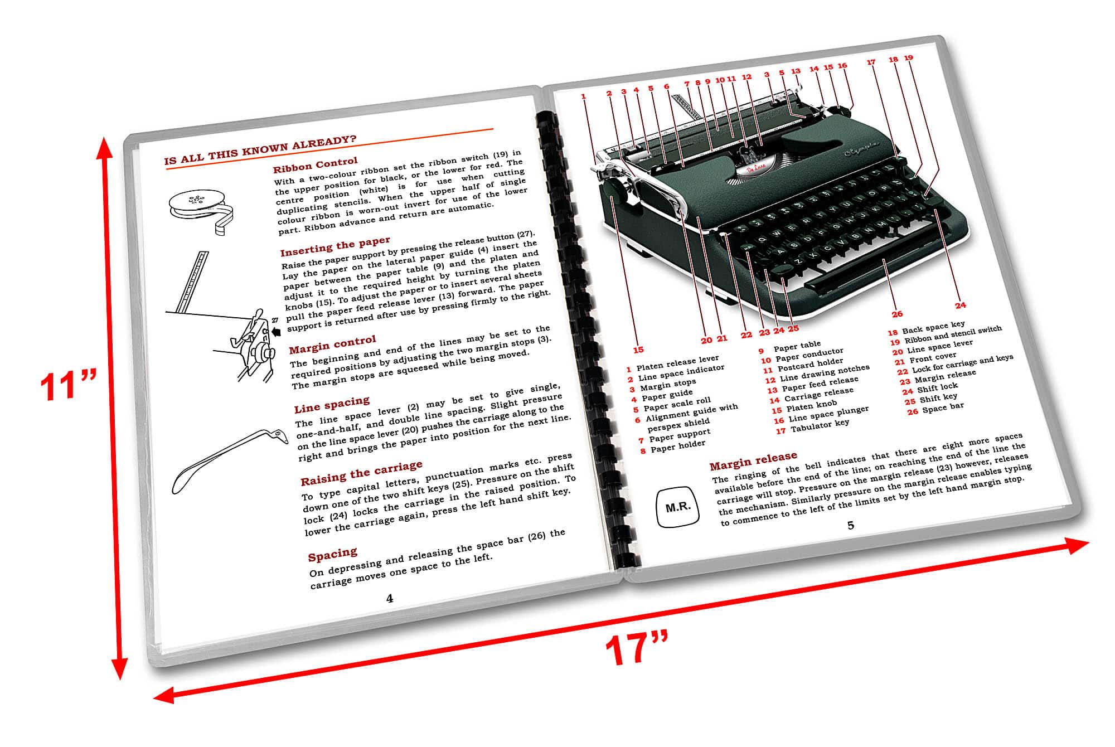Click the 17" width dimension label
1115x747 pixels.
point(636,648)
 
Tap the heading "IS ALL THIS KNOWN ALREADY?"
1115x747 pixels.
point(260,151)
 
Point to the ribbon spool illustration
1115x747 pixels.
point(201,209)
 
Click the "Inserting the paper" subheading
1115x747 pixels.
point(335,246)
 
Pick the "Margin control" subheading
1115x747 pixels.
point(332,345)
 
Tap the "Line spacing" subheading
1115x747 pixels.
point(332,404)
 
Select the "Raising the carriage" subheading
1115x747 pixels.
point(361,473)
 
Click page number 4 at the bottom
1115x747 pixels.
point(390,599)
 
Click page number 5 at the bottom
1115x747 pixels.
point(851,525)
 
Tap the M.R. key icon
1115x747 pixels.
point(678,507)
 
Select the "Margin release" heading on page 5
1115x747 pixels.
point(753,460)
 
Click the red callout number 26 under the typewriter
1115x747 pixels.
point(897,314)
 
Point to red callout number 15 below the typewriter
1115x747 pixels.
point(638,350)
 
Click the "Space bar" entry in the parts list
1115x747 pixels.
point(942,409)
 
